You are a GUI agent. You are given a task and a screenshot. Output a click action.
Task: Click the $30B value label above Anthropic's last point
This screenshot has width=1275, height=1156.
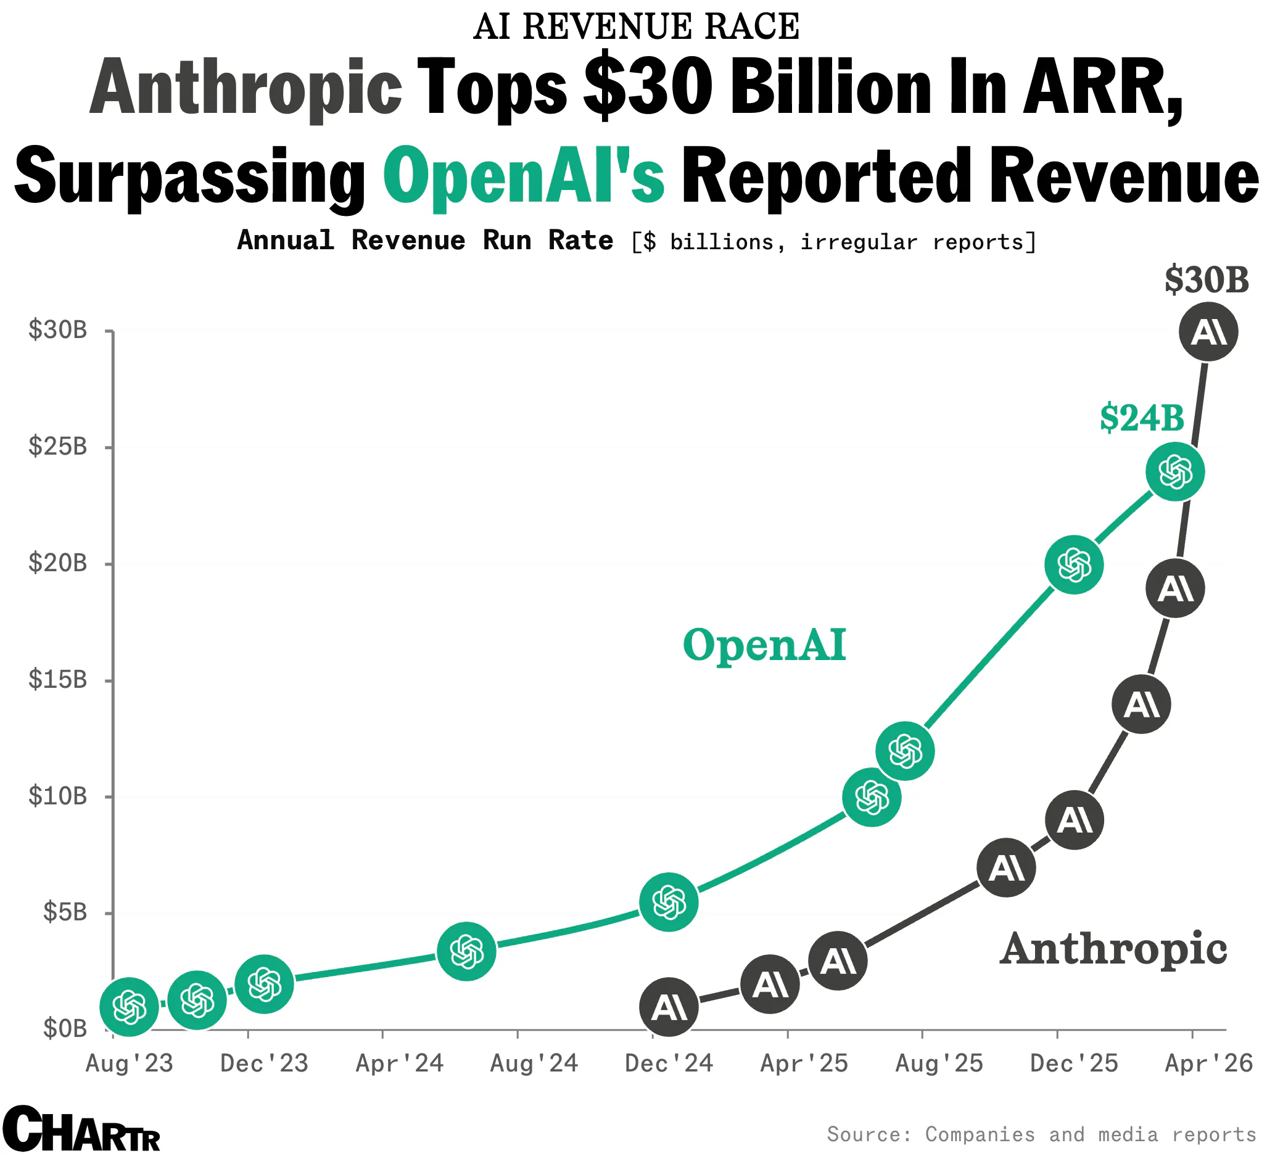(1206, 280)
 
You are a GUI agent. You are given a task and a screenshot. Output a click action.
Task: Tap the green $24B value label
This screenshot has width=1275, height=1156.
(1142, 418)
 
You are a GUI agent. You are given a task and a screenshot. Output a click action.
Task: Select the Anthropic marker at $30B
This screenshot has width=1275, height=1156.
(1208, 332)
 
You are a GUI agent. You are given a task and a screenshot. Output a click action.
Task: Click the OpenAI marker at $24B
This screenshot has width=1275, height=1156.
(1174, 472)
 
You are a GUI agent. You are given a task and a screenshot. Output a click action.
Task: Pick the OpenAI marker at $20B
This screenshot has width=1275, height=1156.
(1074, 564)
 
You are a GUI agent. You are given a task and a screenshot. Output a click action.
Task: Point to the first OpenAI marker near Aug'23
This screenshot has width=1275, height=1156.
(130, 1007)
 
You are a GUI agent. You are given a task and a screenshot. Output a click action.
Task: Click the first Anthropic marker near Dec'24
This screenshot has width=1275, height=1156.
(669, 1007)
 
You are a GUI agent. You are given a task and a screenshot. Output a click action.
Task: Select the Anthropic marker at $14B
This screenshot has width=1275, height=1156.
(1141, 704)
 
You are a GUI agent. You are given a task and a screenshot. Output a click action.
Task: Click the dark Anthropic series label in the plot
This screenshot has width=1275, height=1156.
(1113, 949)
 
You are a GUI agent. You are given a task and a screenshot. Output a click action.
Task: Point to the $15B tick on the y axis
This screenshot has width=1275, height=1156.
(57, 680)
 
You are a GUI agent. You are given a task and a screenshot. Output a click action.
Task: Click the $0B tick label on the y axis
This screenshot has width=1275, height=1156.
(65, 1029)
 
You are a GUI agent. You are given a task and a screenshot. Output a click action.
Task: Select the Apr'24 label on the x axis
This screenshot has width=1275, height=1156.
(399, 1063)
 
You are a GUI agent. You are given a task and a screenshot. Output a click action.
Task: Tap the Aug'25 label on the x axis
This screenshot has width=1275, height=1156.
(939, 1063)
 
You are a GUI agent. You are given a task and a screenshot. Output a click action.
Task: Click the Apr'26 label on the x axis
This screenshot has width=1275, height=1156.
(1208, 1063)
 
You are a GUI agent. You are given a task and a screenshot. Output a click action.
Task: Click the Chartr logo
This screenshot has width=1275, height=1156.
(81, 1129)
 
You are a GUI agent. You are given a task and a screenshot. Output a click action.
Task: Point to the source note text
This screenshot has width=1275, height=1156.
(1041, 1134)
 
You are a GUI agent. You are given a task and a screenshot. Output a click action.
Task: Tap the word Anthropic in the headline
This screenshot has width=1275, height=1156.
(246, 86)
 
